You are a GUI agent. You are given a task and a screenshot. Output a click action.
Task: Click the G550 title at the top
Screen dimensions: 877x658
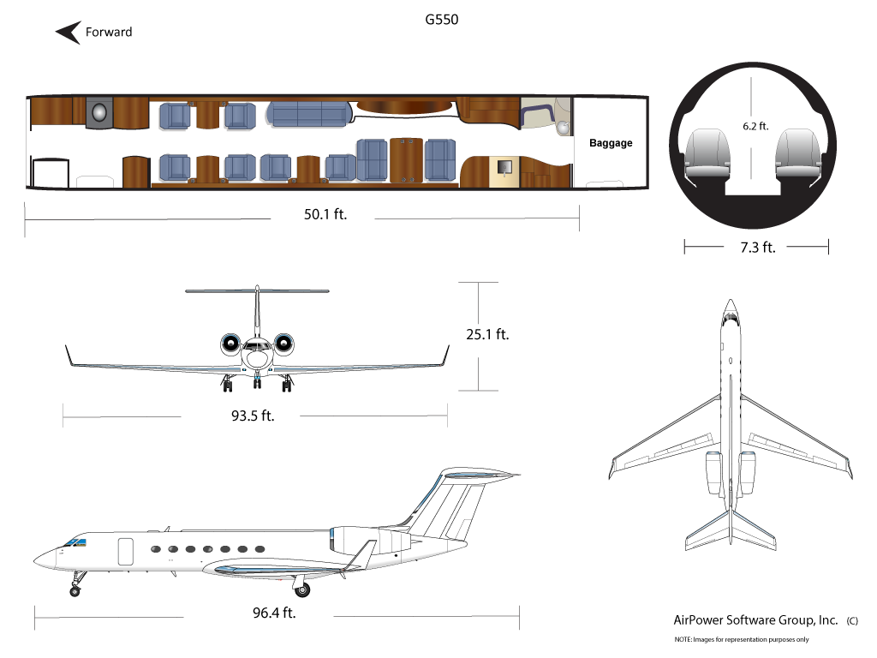pos(441,20)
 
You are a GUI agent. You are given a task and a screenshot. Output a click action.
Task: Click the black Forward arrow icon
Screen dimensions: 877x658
pos(69,33)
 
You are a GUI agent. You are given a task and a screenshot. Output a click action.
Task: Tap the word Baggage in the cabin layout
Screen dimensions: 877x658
pos(611,143)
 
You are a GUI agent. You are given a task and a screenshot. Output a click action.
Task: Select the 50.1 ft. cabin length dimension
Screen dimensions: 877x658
pos(325,214)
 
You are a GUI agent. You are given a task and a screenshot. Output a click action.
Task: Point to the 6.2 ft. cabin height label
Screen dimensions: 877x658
pos(755,127)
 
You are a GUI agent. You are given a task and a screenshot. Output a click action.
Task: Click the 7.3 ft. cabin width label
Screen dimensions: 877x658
pos(758,248)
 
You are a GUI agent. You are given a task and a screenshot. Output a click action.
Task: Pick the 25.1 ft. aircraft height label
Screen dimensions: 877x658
pos(487,335)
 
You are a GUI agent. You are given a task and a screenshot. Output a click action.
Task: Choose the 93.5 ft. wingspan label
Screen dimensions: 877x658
pos(253,416)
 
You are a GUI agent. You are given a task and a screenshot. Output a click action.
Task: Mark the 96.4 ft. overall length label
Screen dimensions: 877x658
pos(274,613)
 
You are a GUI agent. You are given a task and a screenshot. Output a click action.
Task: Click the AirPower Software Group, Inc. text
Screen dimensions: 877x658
pos(755,620)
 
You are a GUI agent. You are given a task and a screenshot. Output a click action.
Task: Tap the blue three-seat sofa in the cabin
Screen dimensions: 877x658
pos(309,114)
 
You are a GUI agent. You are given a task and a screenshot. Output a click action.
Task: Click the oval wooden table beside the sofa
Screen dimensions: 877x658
pos(404,105)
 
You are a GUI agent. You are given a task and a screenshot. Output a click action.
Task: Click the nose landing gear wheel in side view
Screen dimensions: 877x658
pos(75,591)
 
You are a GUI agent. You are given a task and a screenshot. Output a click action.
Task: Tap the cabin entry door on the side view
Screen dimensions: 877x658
pos(126,552)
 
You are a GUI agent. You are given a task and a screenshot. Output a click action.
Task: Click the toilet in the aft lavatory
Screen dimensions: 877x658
pos(564,128)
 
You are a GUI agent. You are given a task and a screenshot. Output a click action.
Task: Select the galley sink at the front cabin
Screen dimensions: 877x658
pos(99,112)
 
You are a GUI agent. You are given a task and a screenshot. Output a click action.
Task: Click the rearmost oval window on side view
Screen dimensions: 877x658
pos(260,549)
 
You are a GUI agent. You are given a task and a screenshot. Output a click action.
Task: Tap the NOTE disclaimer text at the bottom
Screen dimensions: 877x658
pos(742,639)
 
